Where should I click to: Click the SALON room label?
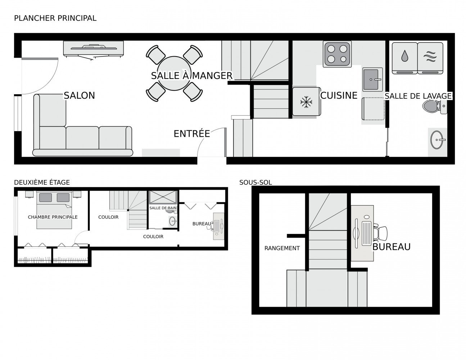tap(80, 95)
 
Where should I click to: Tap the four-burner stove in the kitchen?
tap(337, 53)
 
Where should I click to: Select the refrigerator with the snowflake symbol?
tap(307, 102)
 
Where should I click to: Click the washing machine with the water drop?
tap(404, 58)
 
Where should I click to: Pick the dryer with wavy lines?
tap(430, 58)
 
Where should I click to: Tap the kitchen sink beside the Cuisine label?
tap(372, 79)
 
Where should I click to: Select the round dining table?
tap(174, 73)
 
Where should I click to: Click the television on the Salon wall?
tap(94, 49)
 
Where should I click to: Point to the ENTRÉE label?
tap(192, 134)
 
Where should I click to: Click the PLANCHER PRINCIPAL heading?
tap(55, 18)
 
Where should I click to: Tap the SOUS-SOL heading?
tap(255, 183)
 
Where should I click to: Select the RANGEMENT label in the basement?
tap(282, 248)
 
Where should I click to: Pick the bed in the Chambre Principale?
tap(54, 210)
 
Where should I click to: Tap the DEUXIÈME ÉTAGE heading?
tap(42, 183)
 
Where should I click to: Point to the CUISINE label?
tap(339, 95)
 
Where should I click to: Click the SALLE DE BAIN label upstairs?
tap(163, 208)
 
